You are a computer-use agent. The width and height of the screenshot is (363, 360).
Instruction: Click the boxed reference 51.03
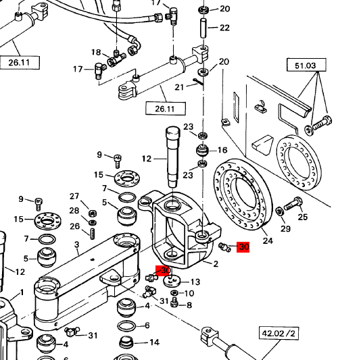click(306, 65)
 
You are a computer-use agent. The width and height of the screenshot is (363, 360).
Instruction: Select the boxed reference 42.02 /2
click(279, 334)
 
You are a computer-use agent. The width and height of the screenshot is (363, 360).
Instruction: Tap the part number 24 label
click(268, 240)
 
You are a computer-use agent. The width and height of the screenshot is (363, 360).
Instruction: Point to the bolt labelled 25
click(293, 203)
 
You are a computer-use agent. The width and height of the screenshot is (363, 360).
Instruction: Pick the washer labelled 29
click(280, 211)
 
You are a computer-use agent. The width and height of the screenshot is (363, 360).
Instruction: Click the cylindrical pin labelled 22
click(203, 28)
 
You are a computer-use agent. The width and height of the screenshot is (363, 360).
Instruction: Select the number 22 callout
click(224, 28)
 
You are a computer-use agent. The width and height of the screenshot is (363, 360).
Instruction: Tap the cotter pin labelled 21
click(199, 82)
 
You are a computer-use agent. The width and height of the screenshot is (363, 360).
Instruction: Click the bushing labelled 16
click(202, 150)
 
